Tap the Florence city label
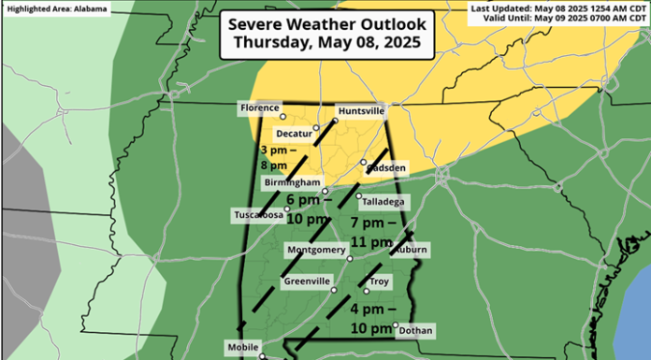(260, 108)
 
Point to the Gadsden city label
(385, 167)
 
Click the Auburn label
(411, 251)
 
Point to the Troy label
(379, 281)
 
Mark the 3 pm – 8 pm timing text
(281, 157)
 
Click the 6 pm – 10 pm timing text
(307, 209)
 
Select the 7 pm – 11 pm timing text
(370, 233)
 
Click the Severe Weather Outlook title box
(326, 33)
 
